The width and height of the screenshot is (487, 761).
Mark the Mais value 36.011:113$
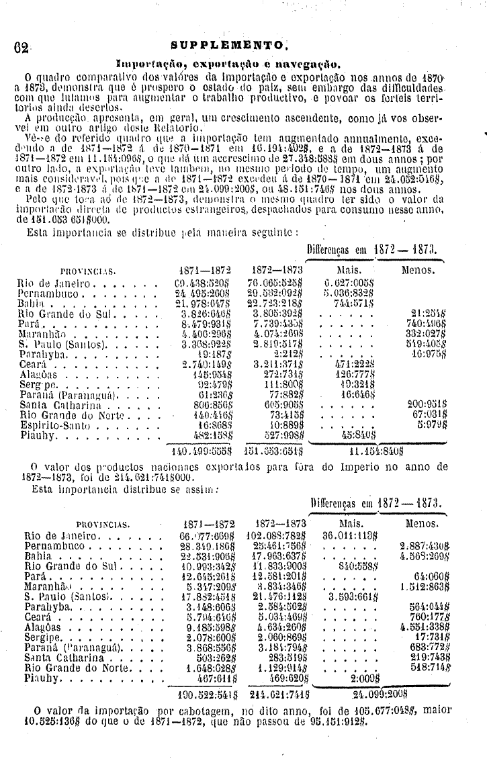click(x=353, y=535)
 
